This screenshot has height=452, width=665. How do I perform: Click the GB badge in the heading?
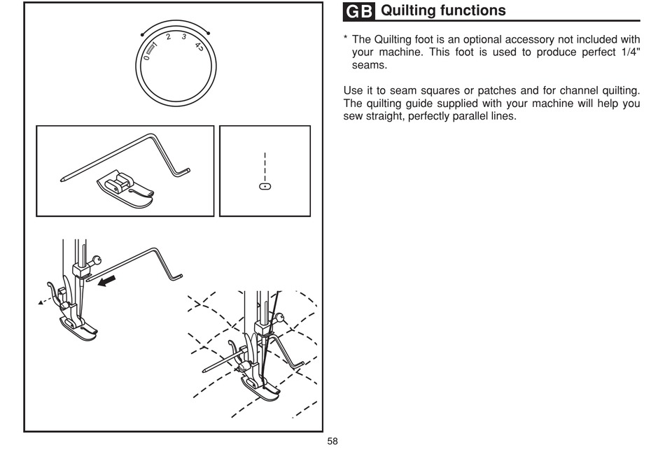point(359,11)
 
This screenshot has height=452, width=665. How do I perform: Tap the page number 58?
point(332,442)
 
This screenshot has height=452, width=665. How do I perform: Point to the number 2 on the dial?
point(169,37)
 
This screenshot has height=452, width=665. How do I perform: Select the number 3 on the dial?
point(183,37)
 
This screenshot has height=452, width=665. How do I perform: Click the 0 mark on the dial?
point(147,57)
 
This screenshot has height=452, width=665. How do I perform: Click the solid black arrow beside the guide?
point(107,281)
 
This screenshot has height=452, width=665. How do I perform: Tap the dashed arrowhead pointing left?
point(41,303)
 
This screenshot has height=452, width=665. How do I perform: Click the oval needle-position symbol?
point(265,186)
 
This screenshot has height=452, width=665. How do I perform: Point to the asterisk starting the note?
point(346,38)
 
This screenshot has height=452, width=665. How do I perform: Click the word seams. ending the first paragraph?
point(370,65)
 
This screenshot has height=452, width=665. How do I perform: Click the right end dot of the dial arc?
point(208,33)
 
